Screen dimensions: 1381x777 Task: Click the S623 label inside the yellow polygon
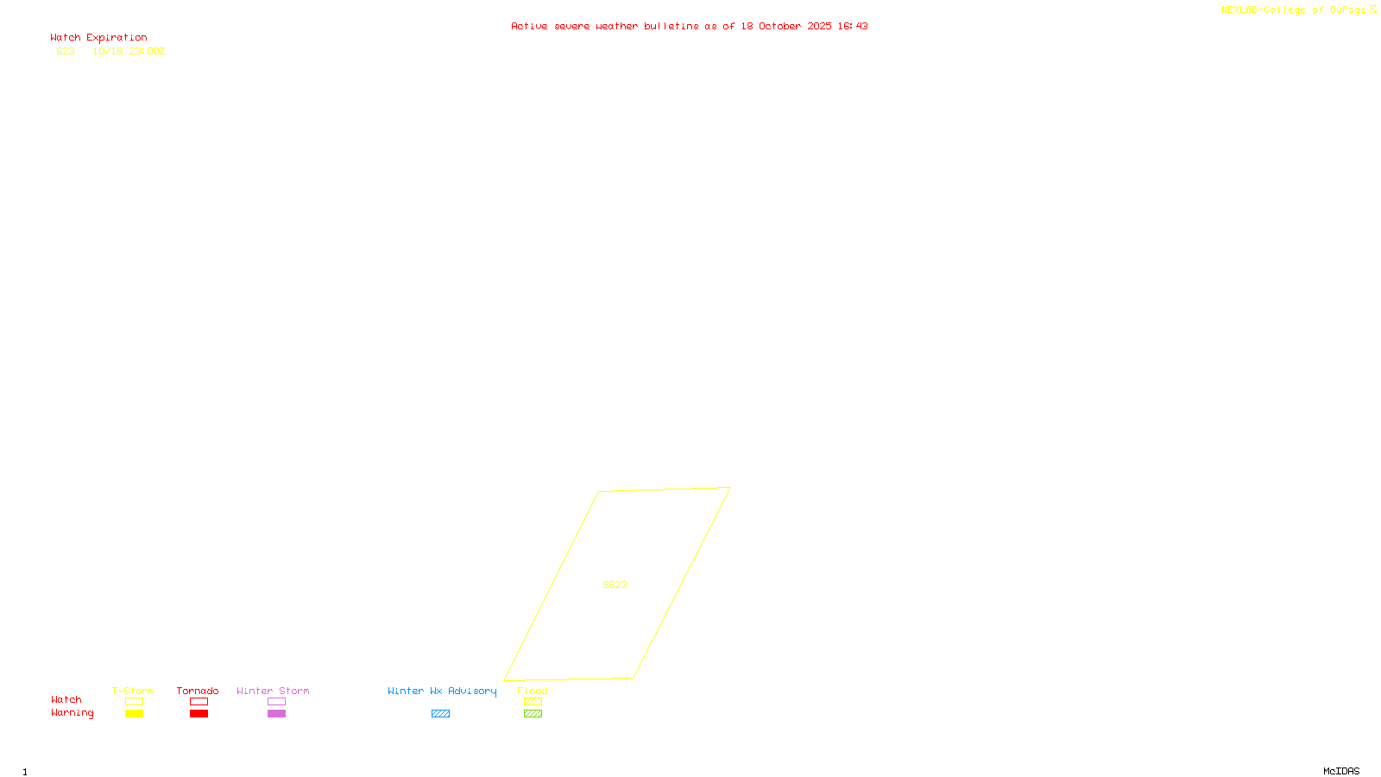[x=615, y=584]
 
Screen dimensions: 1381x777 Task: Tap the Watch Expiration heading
[x=98, y=38]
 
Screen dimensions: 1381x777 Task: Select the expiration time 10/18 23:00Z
[x=129, y=51]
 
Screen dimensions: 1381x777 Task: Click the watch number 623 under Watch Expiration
[x=66, y=51]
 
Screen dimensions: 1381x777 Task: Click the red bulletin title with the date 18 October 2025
[x=689, y=26]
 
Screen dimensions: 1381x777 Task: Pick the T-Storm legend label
[x=133, y=691]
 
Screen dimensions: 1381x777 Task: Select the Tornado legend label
[x=198, y=691]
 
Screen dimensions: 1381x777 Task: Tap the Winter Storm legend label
[x=273, y=691]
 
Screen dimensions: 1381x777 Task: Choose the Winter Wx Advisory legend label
[x=442, y=691]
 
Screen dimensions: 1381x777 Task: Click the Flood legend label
[x=533, y=691]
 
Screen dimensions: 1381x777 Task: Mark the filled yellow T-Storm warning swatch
[x=134, y=714]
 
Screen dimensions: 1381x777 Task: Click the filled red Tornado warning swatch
[x=199, y=714]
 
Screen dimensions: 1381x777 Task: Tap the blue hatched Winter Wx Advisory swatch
[x=440, y=714]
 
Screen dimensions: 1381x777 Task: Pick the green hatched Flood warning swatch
[x=533, y=714]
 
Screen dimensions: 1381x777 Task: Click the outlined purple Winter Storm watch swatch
[x=276, y=702]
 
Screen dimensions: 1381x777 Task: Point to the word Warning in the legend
[x=72, y=713]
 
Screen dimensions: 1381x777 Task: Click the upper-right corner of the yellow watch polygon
[x=729, y=488]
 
